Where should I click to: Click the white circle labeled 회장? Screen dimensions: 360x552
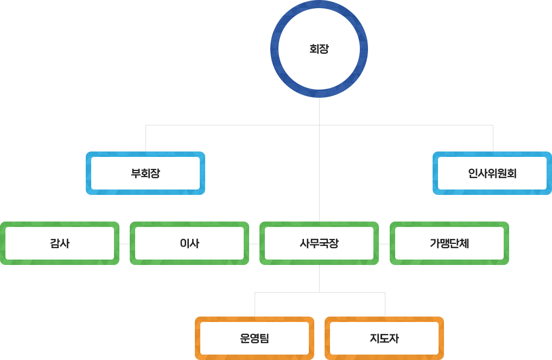pyautogui.click(x=319, y=49)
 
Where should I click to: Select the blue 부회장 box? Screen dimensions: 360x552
pyautogui.click(x=145, y=173)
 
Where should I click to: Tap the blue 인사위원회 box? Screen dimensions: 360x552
pyautogui.click(x=492, y=173)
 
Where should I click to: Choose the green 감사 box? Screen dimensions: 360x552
pyautogui.click(x=60, y=243)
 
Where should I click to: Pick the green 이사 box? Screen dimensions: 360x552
pyautogui.click(x=189, y=243)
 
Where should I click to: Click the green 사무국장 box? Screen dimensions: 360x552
pyautogui.click(x=319, y=243)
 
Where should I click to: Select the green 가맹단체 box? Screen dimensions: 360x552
pyautogui.click(x=449, y=243)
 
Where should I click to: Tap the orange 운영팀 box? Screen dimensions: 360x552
pyautogui.click(x=254, y=338)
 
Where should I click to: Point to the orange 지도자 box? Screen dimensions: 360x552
pyautogui.click(x=384, y=338)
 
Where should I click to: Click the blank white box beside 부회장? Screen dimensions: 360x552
pyautogui.click(x=319, y=173)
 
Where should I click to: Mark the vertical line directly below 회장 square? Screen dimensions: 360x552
pyautogui.click(x=319, y=111)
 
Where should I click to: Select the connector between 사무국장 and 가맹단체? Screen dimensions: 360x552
pyautogui.click(x=384, y=244)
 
